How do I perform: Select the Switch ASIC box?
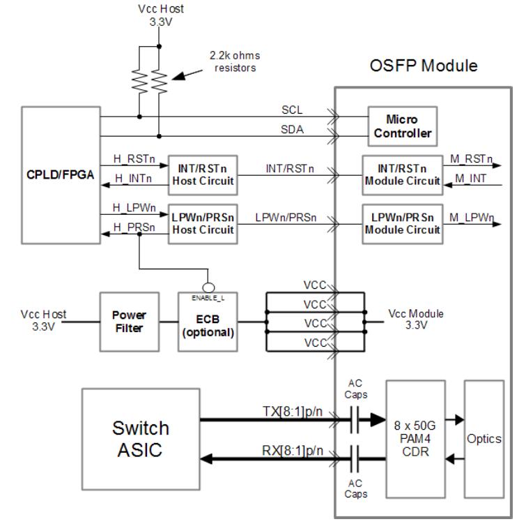pyautogui.click(x=141, y=437)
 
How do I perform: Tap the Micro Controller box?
pyautogui.click(x=401, y=126)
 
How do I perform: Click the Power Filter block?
pyautogui.click(x=129, y=321)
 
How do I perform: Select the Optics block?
pyautogui.click(x=484, y=440)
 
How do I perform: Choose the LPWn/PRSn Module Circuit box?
pyautogui.click(x=402, y=224)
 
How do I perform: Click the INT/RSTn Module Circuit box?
pyautogui.click(x=402, y=175)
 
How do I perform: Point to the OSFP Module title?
pyautogui.click(x=424, y=66)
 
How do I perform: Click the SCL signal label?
pyautogui.click(x=292, y=110)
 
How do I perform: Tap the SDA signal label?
pyautogui.click(x=293, y=130)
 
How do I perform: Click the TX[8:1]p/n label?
pyautogui.click(x=293, y=412)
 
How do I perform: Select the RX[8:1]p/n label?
pyautogui.click(x=293, y=451)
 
